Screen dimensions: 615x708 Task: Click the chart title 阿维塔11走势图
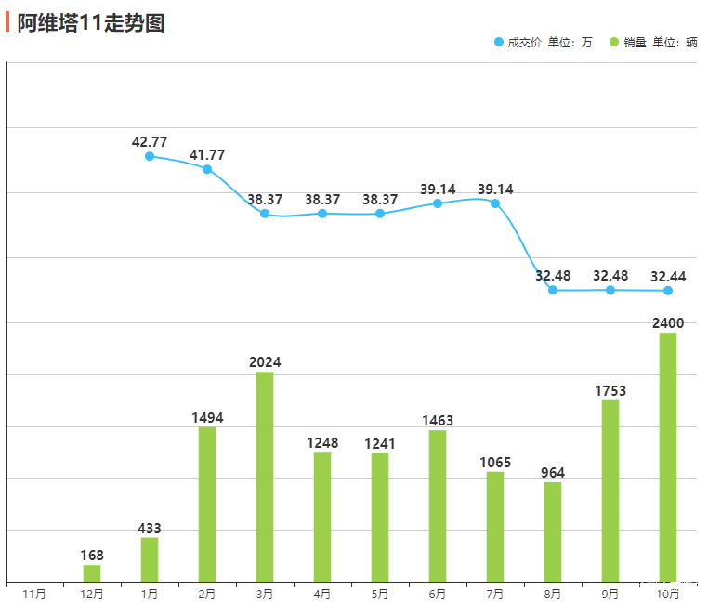pos(91,23)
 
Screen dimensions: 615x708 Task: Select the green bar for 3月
pos(265,477)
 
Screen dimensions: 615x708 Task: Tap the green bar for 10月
pos(668,457)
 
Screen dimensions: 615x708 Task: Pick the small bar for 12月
pos(92,573)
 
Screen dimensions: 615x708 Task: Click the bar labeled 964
pos(553,531)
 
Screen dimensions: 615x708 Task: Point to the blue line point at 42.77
pos(150,156)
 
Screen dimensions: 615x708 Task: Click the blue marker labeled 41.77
pos(207,169)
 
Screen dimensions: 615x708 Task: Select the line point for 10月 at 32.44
pos(668,291)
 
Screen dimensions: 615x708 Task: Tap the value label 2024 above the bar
pos(265,362)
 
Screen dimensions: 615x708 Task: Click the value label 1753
pos(610,391)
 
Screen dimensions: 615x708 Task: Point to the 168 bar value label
pos(92,556)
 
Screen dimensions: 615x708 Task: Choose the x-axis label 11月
pos(34,594)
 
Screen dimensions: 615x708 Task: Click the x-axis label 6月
pos(438,594)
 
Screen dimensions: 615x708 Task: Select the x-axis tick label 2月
pos(207,594)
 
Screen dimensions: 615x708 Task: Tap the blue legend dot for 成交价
pos(499,42)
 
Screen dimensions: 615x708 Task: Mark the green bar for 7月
pos(495,527)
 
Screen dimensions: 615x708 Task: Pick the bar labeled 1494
pos(207,504)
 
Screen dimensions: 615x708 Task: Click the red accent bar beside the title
pos(7,22)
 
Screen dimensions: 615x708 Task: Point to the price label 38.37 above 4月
pos(322,200)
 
